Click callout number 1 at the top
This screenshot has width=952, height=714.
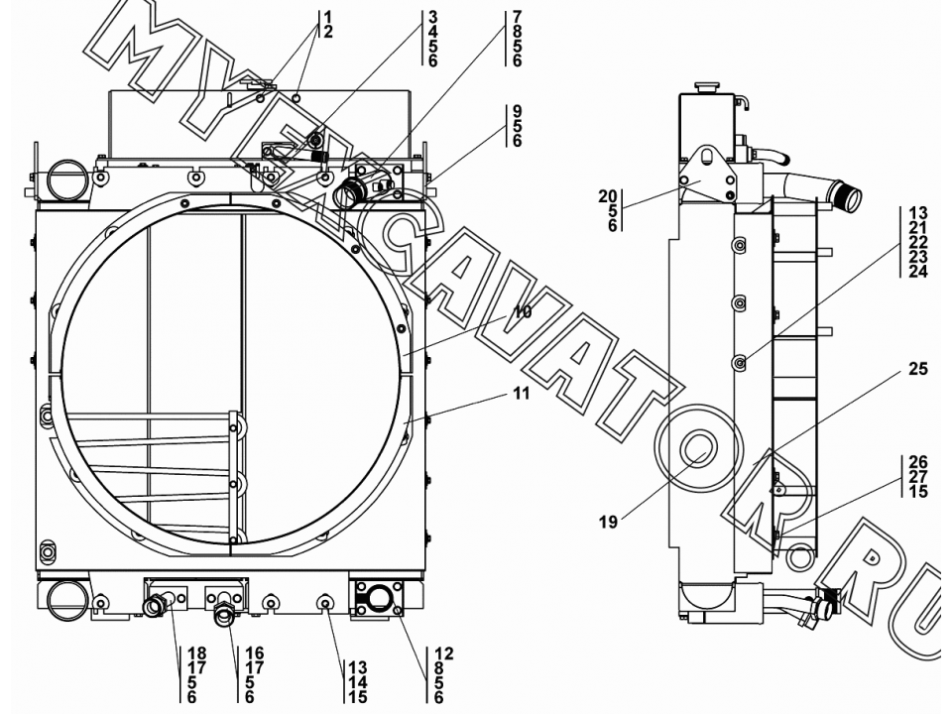pos(328,17)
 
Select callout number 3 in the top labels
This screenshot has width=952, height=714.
pos(432,17)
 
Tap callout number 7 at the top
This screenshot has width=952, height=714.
pos(517,17)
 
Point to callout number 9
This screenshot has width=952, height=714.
pos(517,111)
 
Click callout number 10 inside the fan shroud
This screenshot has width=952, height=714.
pos(523,312)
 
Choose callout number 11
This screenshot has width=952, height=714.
pos(521,394)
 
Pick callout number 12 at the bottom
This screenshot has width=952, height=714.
pos(444,654)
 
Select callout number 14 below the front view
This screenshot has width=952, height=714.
pos(358,683)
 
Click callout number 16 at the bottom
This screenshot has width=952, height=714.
pos(255,654)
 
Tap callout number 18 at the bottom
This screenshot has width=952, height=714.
pos(196,654)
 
